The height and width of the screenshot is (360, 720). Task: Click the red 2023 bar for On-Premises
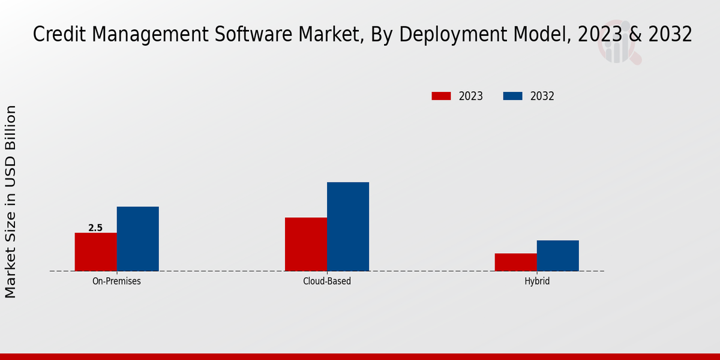(x=95, y=252)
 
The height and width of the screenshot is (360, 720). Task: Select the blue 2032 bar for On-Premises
(x=138, y=239)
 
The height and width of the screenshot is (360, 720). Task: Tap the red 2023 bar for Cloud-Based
(x=306, y=244)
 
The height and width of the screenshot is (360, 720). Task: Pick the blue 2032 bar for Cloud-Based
(x=348, y=226)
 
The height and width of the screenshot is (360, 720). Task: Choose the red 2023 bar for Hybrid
(x=515, y=262)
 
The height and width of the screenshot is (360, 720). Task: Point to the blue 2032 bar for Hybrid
(x=558, y=256)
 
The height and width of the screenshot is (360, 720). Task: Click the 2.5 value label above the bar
(x=95, y=228)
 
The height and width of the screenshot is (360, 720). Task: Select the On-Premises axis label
(x=116, y=281)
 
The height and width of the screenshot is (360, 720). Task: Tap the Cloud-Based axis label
(x=327, y=281)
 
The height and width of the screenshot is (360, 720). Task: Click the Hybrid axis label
(x=536, y=281)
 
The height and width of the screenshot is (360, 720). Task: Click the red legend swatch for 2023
(x=441, y=96)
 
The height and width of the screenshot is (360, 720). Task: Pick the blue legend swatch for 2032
(x=512, y=96)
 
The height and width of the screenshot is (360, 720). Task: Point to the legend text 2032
(x=542, y=96)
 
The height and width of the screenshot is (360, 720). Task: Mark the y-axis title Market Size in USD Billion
(x=11, y=202)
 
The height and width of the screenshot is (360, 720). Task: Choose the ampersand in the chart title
(x=630, y=35)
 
